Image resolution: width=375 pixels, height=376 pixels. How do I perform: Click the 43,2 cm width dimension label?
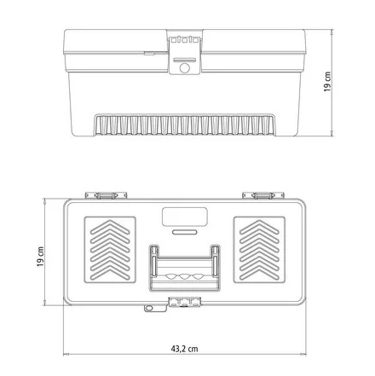tap(184, 349)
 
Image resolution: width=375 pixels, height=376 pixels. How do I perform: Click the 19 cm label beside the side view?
tap(327, 82)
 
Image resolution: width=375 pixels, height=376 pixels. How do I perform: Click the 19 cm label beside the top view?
tap(40, 257)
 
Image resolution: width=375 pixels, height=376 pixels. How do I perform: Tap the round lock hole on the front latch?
tap(185, 68)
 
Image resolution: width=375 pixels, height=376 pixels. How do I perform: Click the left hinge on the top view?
tap(106, 195)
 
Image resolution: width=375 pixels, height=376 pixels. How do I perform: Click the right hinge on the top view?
tap(263, 195)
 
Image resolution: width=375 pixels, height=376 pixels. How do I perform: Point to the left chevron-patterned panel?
tap(110, 250)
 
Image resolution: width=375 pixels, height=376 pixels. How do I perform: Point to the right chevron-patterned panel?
tap(259, 250)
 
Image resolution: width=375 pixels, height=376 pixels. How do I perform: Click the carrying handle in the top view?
tap(185, 268)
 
